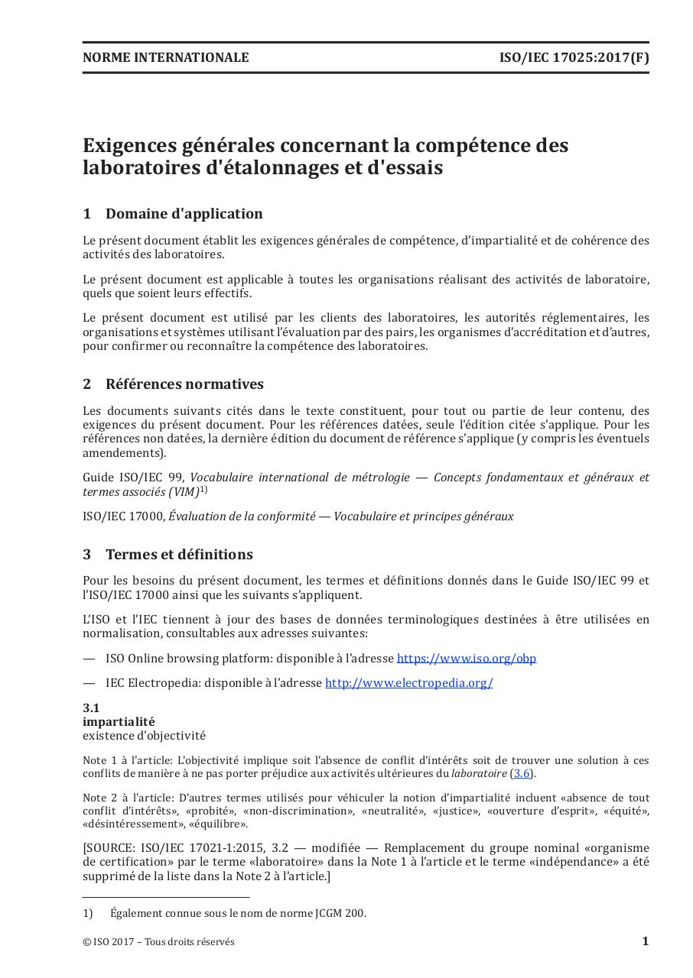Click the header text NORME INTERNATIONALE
click(x=165, y=57)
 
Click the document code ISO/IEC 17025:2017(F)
click(x=574, y=57)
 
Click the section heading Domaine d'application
click(x=184, y=214)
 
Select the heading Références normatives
click(x=184, y=384)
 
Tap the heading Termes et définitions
click(x=179, y=555)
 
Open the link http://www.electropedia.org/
click(x=408, y=683)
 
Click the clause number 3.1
click(x=91, y=708)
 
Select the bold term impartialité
click(x=119, y=722)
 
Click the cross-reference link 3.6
click(x=521, y=774)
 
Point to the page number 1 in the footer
click(x=645, y=941)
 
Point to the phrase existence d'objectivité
click(x=144, y=736)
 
